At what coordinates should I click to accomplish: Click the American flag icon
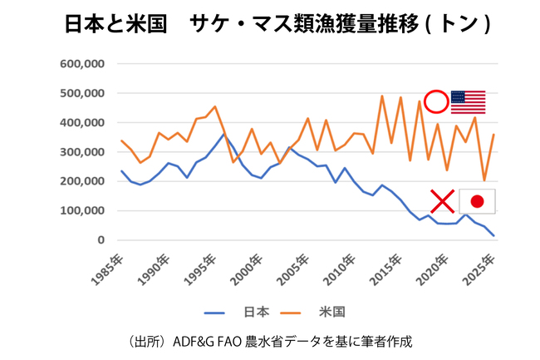point(468,101)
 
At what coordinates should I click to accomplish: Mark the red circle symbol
point(435,101)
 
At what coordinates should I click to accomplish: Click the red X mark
point(442,200)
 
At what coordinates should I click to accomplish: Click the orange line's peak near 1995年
point(214,106)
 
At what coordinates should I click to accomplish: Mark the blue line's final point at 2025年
point(493,236)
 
